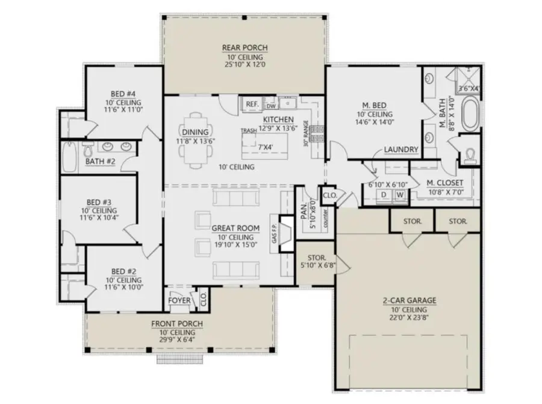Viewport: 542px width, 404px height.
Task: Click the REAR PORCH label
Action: [245, 48]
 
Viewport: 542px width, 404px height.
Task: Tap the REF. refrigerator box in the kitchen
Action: [252, 104]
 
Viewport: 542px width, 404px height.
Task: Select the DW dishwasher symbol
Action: [271, 105]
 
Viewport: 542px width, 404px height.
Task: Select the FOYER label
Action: [179, 300]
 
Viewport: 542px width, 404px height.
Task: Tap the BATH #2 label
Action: [99, 161]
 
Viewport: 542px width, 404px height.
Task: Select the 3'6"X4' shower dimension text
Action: [469, 89]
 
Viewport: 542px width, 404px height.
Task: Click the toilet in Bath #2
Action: [87, 150]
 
